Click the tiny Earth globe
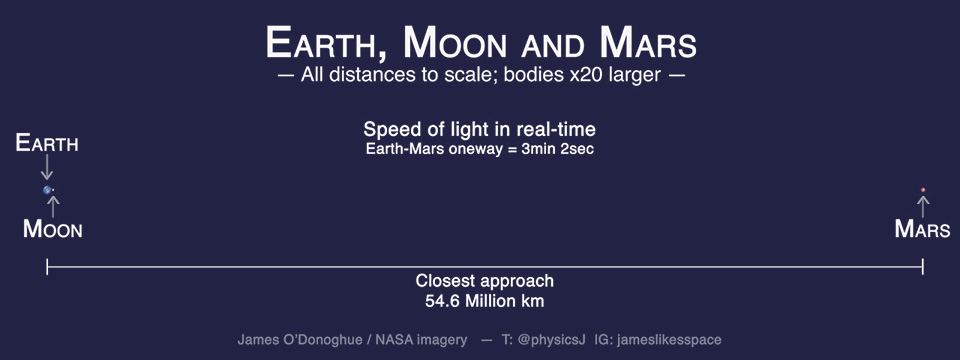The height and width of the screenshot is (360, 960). [47, 190]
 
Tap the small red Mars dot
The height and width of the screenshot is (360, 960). [923, 190]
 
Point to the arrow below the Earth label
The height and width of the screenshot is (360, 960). [47, 167]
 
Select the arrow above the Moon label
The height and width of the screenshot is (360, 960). [53, 207]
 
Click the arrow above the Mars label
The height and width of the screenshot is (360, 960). [923, 206]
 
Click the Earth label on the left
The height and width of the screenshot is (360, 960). [47, 143]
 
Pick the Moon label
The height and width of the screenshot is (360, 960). [53, 230]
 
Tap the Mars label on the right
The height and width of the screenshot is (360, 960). [922, 229]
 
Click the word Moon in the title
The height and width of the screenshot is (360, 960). [456, 43]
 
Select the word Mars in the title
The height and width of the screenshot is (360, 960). [648, 43]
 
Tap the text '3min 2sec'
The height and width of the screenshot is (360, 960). [557, 149]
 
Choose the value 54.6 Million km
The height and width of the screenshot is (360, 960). [484, 301]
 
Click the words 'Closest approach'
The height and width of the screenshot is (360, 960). [484, 281]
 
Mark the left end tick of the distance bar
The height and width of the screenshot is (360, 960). [47, 266]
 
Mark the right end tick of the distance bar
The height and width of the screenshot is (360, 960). [923, 266]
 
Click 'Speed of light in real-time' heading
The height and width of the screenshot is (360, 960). [479, 130]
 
